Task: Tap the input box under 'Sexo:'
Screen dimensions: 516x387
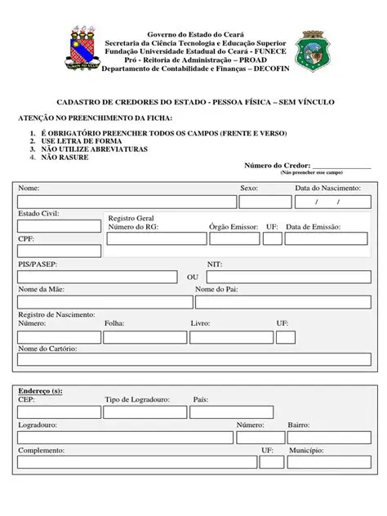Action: click(260, 202)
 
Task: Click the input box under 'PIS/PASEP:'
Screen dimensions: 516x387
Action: click(97, 276)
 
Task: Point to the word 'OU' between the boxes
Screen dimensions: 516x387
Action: click(193, 278)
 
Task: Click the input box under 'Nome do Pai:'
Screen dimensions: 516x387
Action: click(282, 300)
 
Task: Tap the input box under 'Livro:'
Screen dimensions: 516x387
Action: click(231, 336)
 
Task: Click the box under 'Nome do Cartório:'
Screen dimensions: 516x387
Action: click(194, 360)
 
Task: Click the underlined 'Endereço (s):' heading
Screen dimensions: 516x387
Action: click(40, 390)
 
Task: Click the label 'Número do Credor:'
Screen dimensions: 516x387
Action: click(277, 166)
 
